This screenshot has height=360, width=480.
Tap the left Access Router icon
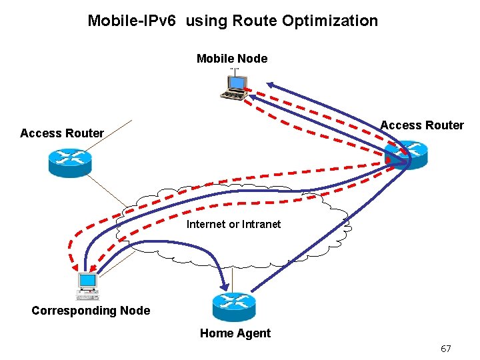click(69, 161)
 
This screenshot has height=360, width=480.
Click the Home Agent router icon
click(234, 307)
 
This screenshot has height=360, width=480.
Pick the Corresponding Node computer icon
click(87, 285)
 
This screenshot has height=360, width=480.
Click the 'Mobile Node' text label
click(232, 59)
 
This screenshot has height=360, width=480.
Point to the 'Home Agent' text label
click(235, 333)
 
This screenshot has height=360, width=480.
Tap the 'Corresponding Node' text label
click(91, 311)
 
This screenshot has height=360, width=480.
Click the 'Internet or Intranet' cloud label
click(233, 224)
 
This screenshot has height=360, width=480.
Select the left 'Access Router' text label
click(62, 133)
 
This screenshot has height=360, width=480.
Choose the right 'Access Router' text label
click(422, 125)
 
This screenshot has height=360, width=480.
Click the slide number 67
click(446, 349)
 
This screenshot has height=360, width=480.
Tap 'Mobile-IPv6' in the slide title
click(131, 21)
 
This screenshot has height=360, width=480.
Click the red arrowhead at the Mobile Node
click(248, 88)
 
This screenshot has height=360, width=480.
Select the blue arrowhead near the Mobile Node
click(269, 85)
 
